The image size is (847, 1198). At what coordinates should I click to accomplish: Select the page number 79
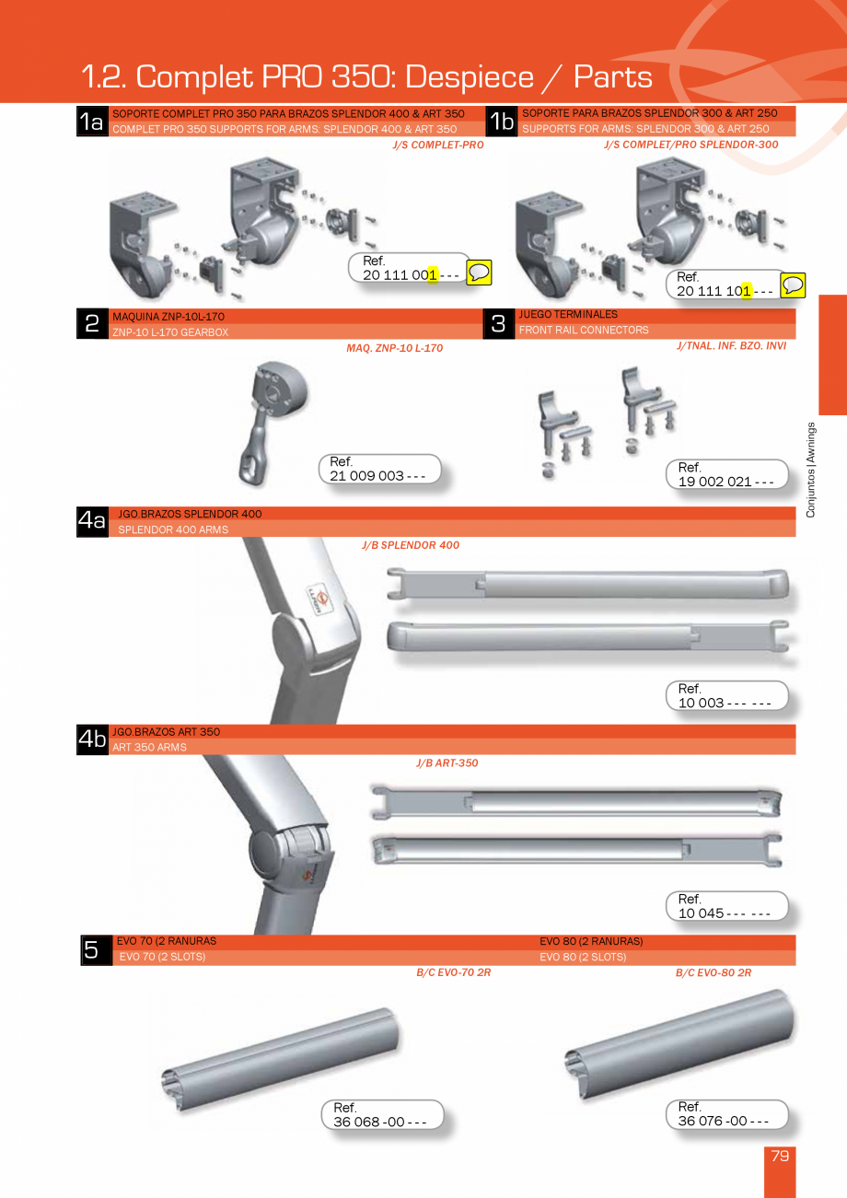(780, 1156)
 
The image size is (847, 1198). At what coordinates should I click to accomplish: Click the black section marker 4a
(92, 521)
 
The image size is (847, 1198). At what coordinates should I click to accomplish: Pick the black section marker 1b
(502, 121)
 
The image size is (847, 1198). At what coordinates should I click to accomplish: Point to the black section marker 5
(92, 950)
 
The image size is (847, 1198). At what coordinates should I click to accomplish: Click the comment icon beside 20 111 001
(479, 273)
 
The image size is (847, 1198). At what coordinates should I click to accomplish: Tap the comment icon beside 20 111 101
(793, 285)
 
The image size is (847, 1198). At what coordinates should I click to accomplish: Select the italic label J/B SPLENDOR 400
(411, 545)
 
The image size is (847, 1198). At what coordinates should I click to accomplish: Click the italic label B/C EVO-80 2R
(714, 972)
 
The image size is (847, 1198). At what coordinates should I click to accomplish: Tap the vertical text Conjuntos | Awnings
(811, 470)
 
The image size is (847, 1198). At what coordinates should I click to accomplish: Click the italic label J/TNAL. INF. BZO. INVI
(731, 346)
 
